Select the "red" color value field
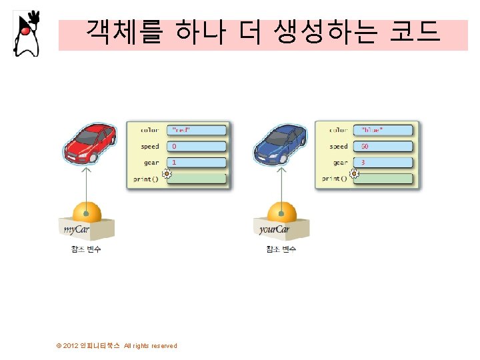pyautogui.click(x=197, y=129)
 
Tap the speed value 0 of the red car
pyautogui.click(x=197, y=146)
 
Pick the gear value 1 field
pyautogui.click(x=197, y=162)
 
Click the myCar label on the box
pyautogui.click(x=77, y=230)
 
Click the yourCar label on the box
pyautogui.click(x=274, y=230)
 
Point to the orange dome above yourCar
pyautogui.click(x=281, y=212)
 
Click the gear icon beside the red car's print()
pyautogui.click(x=167, y=175)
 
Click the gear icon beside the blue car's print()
pyautogui.click(x=355, y=175)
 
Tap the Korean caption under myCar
pyautogui.click(x=86, y=249)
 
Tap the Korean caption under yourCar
pyautogui.click(x=281, y=249)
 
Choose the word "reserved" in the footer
pyautogui.click(x=164, y=346)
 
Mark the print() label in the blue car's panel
pyautogui.click(x=335, y=179)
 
